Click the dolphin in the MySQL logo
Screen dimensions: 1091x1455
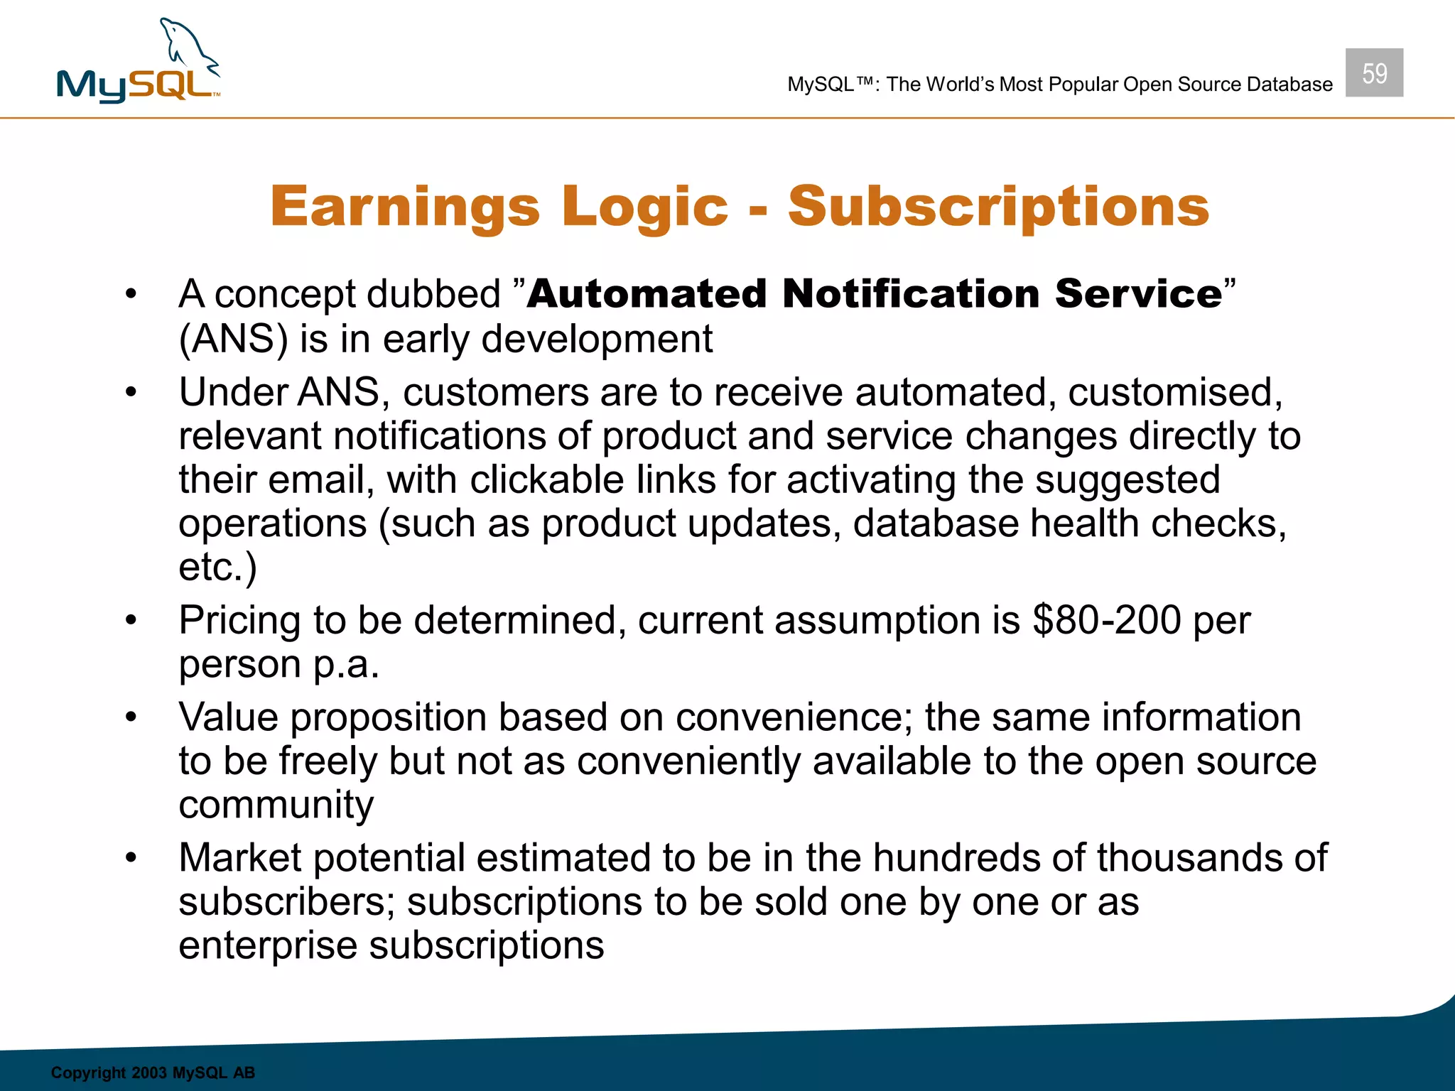(189, 47)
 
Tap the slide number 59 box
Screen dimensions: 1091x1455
(1373, 72)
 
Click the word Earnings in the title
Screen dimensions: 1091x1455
(405, 207)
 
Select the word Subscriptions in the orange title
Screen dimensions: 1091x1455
(998, 207)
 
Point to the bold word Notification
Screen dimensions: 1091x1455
(911, 294)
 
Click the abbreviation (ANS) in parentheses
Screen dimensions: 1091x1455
(233, 339)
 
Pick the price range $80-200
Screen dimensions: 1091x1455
(1106, 620)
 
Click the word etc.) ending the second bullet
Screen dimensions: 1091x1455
(217, 567)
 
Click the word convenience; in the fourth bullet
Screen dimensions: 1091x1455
(794, 717)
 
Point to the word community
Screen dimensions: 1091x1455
(276, 805)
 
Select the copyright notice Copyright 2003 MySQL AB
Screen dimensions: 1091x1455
(153, 1073)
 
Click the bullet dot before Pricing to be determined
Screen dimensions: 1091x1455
(131, 621)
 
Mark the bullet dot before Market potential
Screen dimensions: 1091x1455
(131, 858)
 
